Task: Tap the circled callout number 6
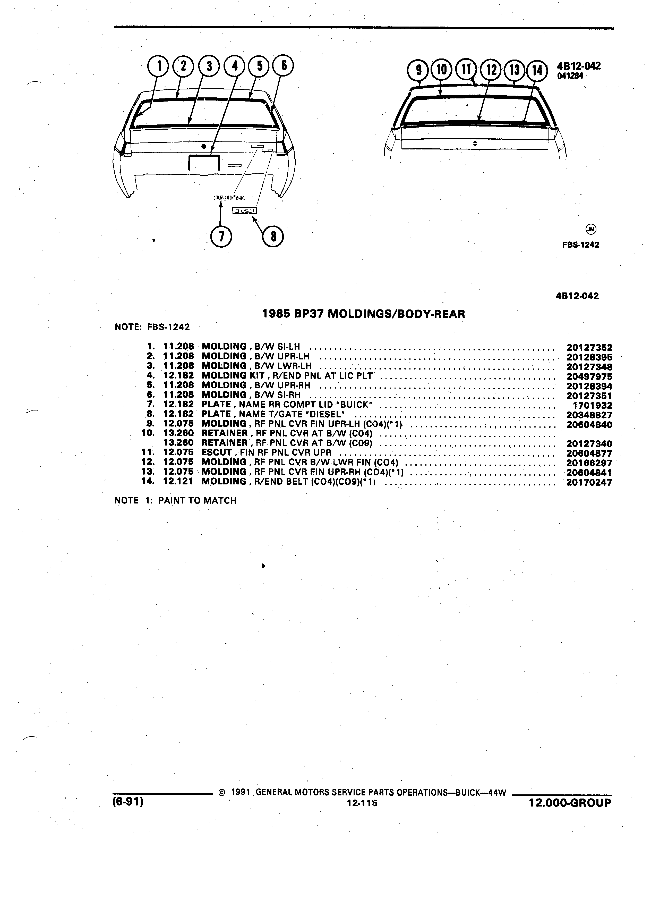click(283, 65)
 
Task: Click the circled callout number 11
click(466, 70)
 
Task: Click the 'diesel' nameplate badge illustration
click(245, 210)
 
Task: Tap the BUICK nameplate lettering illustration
click(229, 198)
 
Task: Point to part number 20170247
click(589, 482)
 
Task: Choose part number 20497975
click(589, 376)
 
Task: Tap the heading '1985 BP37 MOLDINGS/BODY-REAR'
click(364, 314)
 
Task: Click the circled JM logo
click(591, 229)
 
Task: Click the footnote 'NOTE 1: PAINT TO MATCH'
click(175, 500)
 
